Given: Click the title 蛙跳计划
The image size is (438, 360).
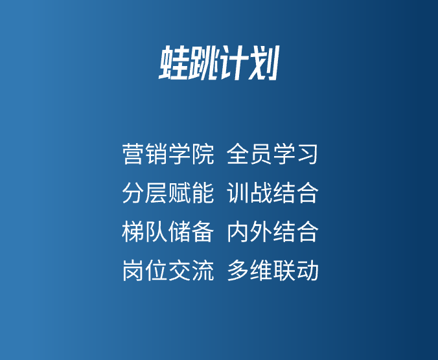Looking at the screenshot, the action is pos(219,63).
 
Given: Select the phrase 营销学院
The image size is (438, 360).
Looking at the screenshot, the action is pos(168,153).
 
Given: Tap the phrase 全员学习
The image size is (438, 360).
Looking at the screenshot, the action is pos(272,153).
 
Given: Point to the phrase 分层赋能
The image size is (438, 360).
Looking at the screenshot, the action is pos(168,193).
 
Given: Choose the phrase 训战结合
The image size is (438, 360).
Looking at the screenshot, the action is pos(273,193).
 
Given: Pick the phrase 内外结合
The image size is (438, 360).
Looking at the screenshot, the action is pos(273,232).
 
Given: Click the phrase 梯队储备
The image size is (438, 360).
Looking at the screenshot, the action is pos(168,232).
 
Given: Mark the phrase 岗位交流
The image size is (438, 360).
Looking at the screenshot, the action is pos(168,270).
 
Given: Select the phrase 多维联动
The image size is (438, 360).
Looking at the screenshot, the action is pos(273,270).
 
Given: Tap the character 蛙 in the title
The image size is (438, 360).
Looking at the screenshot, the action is pos(174,63).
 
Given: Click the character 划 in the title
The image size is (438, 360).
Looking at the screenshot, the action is pos(264,63).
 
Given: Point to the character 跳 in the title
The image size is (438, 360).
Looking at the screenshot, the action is pos(203,63).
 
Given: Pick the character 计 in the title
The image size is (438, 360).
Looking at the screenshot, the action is pos(233,63).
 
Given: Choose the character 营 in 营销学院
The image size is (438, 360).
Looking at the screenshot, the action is pos(133,153).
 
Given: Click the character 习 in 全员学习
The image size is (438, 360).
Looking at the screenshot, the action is pos(307,153).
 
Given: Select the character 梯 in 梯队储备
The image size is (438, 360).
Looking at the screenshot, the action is pos(133,232).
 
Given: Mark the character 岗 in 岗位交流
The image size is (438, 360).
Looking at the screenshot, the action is pos(133,270).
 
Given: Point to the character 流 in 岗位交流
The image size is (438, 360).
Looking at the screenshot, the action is pos(203,270).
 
